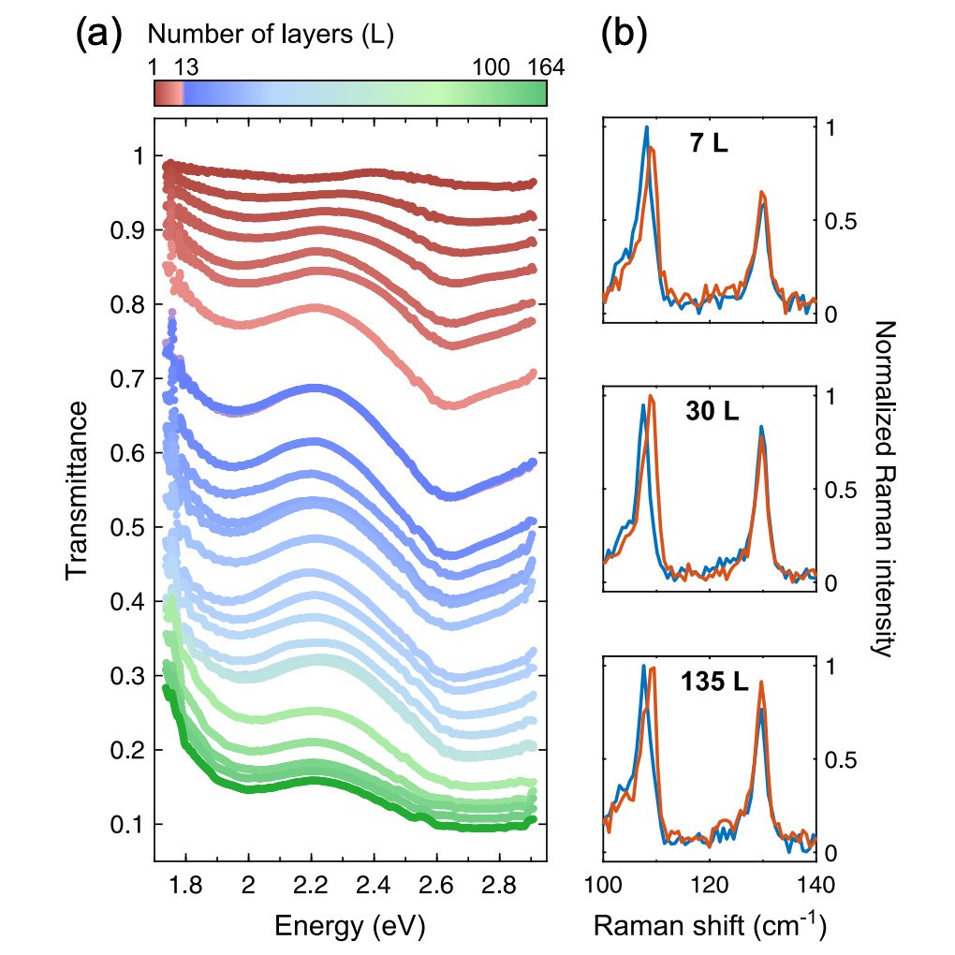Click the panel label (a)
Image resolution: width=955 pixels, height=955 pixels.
[99, 34]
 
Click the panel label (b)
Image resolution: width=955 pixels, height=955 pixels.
[624, 34]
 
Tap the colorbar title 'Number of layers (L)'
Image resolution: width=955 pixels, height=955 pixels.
[271, 34]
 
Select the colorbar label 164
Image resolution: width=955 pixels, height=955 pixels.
[546, 66]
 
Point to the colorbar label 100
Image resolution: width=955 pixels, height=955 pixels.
[491, 66]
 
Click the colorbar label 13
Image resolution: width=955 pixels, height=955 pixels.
[186, 66]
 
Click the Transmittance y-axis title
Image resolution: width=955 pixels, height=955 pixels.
[78, 491]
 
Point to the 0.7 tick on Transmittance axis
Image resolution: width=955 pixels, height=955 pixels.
[128, 379]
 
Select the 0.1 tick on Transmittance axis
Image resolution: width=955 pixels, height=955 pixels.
[128, 824]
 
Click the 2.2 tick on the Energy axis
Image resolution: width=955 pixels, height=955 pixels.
[311, 885]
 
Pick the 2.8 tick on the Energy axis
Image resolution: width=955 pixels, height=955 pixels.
[499, 885]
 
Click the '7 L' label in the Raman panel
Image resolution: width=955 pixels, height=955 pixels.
[709, 143]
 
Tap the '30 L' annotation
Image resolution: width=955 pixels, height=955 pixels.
[712, 411]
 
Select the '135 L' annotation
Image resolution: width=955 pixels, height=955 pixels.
[714, 681]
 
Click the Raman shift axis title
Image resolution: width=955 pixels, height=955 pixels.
[710, 924]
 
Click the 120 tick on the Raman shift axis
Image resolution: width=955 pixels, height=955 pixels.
[709, 885]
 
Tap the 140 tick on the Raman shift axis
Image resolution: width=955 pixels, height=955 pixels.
[816, 885]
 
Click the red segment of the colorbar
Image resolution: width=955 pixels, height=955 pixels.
[169, 94]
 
